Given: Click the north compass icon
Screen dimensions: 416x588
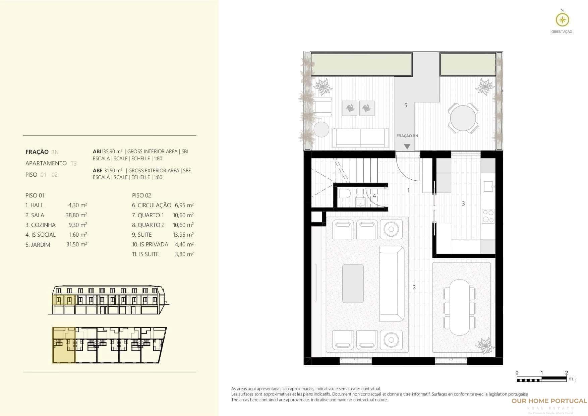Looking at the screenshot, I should tap(562, 20).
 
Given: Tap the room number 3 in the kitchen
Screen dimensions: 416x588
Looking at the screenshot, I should tap(463, 203).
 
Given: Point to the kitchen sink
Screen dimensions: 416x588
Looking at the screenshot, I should tap(488, 185).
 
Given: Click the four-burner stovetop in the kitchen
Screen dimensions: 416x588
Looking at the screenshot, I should tap(488, 216).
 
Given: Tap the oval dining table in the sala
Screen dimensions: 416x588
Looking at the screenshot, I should tap(460, 307).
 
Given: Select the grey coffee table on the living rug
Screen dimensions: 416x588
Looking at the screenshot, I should tap(353, 283).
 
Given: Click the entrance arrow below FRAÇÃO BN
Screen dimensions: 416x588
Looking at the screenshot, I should tap(407, 146).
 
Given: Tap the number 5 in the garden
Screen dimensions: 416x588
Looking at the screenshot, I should tap(406, 105).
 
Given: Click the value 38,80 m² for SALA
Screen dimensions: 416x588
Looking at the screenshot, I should tap(76, 215).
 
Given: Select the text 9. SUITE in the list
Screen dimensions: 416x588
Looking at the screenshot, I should tap(142, 235).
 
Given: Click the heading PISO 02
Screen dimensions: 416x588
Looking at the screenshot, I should tap(141, 195).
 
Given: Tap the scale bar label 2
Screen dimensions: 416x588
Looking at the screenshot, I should tap(566, 372).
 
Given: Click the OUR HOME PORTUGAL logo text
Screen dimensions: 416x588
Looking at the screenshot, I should tap(549, 401).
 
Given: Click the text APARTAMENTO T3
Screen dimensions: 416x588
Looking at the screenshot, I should tap(51, 163).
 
